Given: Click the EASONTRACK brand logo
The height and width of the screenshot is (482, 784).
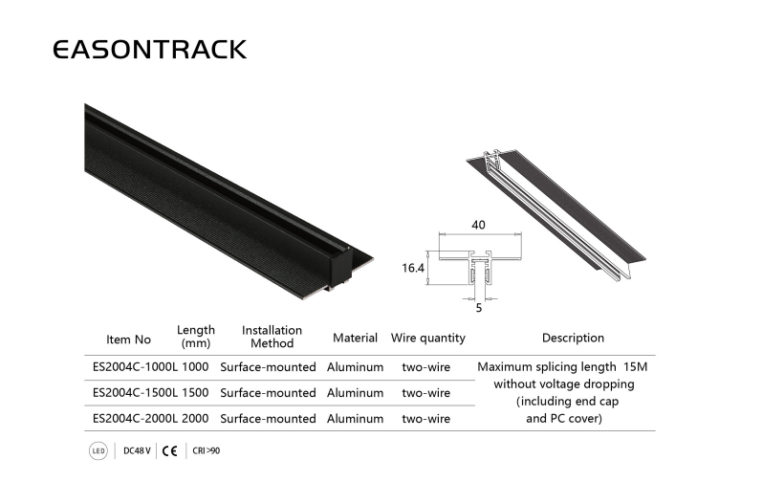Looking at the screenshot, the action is pyautogui.click(x=149, y=50).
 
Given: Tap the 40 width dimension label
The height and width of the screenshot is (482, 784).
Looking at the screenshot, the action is pyautogui.click(x=478, y=225).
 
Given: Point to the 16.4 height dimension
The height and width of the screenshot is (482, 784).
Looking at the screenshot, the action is pyautogui.click(x=413, y=268).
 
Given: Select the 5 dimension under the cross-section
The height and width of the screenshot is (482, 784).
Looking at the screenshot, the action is pyautogui.click(x=478, y=308).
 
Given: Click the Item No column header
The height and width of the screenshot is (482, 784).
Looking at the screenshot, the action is pyautogui.click(x=128, y=340).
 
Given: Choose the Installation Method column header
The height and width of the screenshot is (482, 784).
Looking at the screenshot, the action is pyautogui.click(x=272, y=337).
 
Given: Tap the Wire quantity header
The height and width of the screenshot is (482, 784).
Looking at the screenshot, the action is pyautogui.click(x=428, y=338).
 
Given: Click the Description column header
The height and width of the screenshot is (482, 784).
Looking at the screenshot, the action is pyautogui.click(x=573, y=338).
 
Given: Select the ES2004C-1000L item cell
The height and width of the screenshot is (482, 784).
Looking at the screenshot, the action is pyautogui.click(x=135, y=367).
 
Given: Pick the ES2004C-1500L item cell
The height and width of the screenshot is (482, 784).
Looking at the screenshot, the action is pyautogui.click(x=135, y=393).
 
